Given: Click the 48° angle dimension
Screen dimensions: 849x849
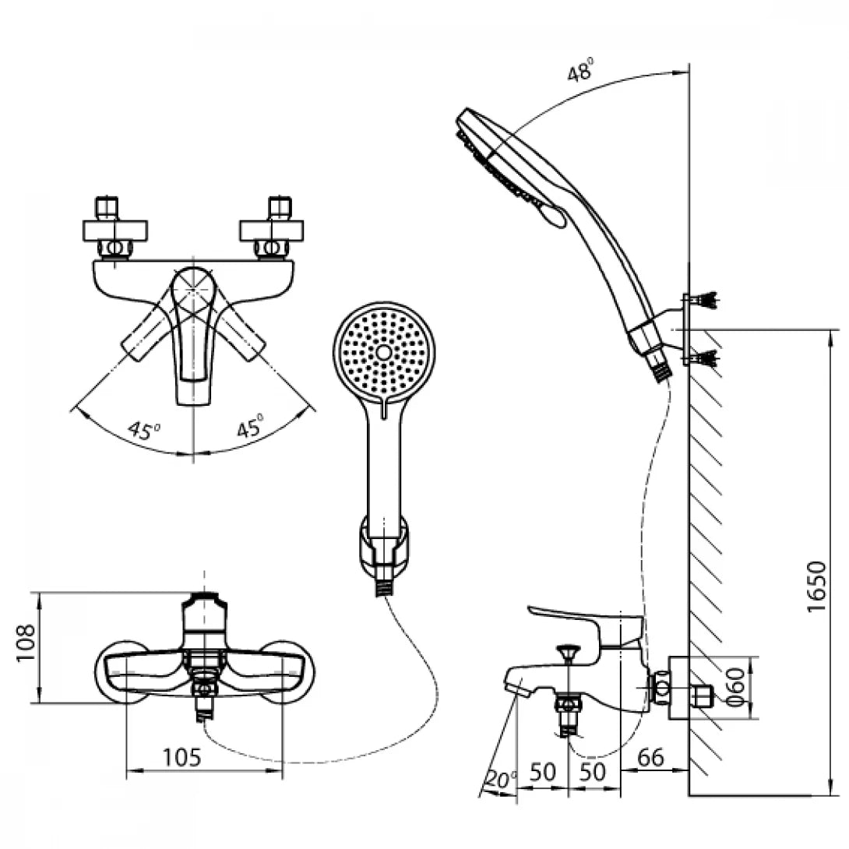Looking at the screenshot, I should point(580,73).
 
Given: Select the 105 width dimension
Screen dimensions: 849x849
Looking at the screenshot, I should point(182,756).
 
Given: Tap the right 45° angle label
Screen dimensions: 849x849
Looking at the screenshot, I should point(250,428).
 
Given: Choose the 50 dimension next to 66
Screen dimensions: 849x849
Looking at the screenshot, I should point(595,772).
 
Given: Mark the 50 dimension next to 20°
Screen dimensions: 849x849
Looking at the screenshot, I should point(543,772).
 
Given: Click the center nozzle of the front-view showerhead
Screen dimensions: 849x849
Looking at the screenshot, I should point(383,353).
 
